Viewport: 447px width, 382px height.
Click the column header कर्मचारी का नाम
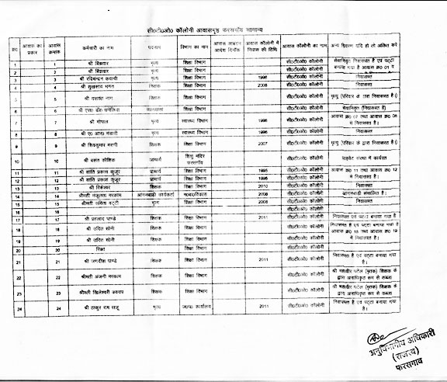click(x=107, y=47)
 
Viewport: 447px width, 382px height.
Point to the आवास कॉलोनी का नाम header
click(x=308, y=47)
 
